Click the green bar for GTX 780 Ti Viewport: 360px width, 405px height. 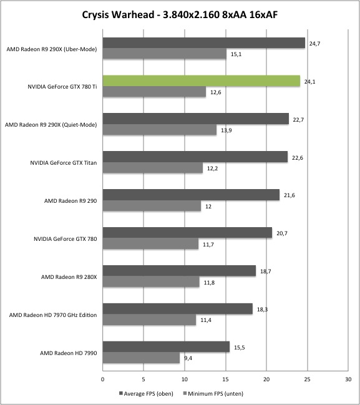pyautogui.click(x=202, y=81)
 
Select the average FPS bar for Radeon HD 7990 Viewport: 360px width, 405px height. pyautogui.click(x=166, y=346)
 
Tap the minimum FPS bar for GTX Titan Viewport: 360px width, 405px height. pyautogui.click(x=153, y=168)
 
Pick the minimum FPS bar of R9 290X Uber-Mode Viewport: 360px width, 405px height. pyautogui.click(x=165, y=54)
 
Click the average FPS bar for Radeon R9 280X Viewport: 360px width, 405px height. pyautogui.click(x=179, y=271)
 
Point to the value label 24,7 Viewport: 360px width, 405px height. pyautogui.click(x=314, y=44)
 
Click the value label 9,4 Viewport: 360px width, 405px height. pyautogui.click(x=188, y=358)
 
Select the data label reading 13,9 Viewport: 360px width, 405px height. pyautogui.click(x=226, y=130)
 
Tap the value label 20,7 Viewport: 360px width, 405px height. pyautogui.click(x=282, y=233)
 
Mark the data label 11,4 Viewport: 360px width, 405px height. pyautogui.click(x=206, y=320)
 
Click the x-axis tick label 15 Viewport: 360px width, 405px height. pyautogui.click(x=225, y=379)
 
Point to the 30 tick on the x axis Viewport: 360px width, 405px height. pyautogui.click(x=348, y=379)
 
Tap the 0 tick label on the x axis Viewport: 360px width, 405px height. pyautogui.click(x=103, y=379)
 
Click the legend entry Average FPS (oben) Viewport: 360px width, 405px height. pyautogui.click(x=146, y=394)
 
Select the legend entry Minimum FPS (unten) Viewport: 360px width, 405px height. pyautogui.click(x=213, y=394)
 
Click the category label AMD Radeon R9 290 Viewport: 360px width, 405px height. pyautogui.click(x=71, y=201)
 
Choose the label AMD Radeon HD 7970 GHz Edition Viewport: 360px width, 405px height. pyautogui.click(x=53, y=315)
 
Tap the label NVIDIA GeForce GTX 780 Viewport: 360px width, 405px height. pyautogui.click(x=66, y=239)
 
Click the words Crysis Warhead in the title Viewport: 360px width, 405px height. pyautogui.click(x=118, y=15)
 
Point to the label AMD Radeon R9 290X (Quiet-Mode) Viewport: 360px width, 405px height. pyautogui.click(x=51, y=125)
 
